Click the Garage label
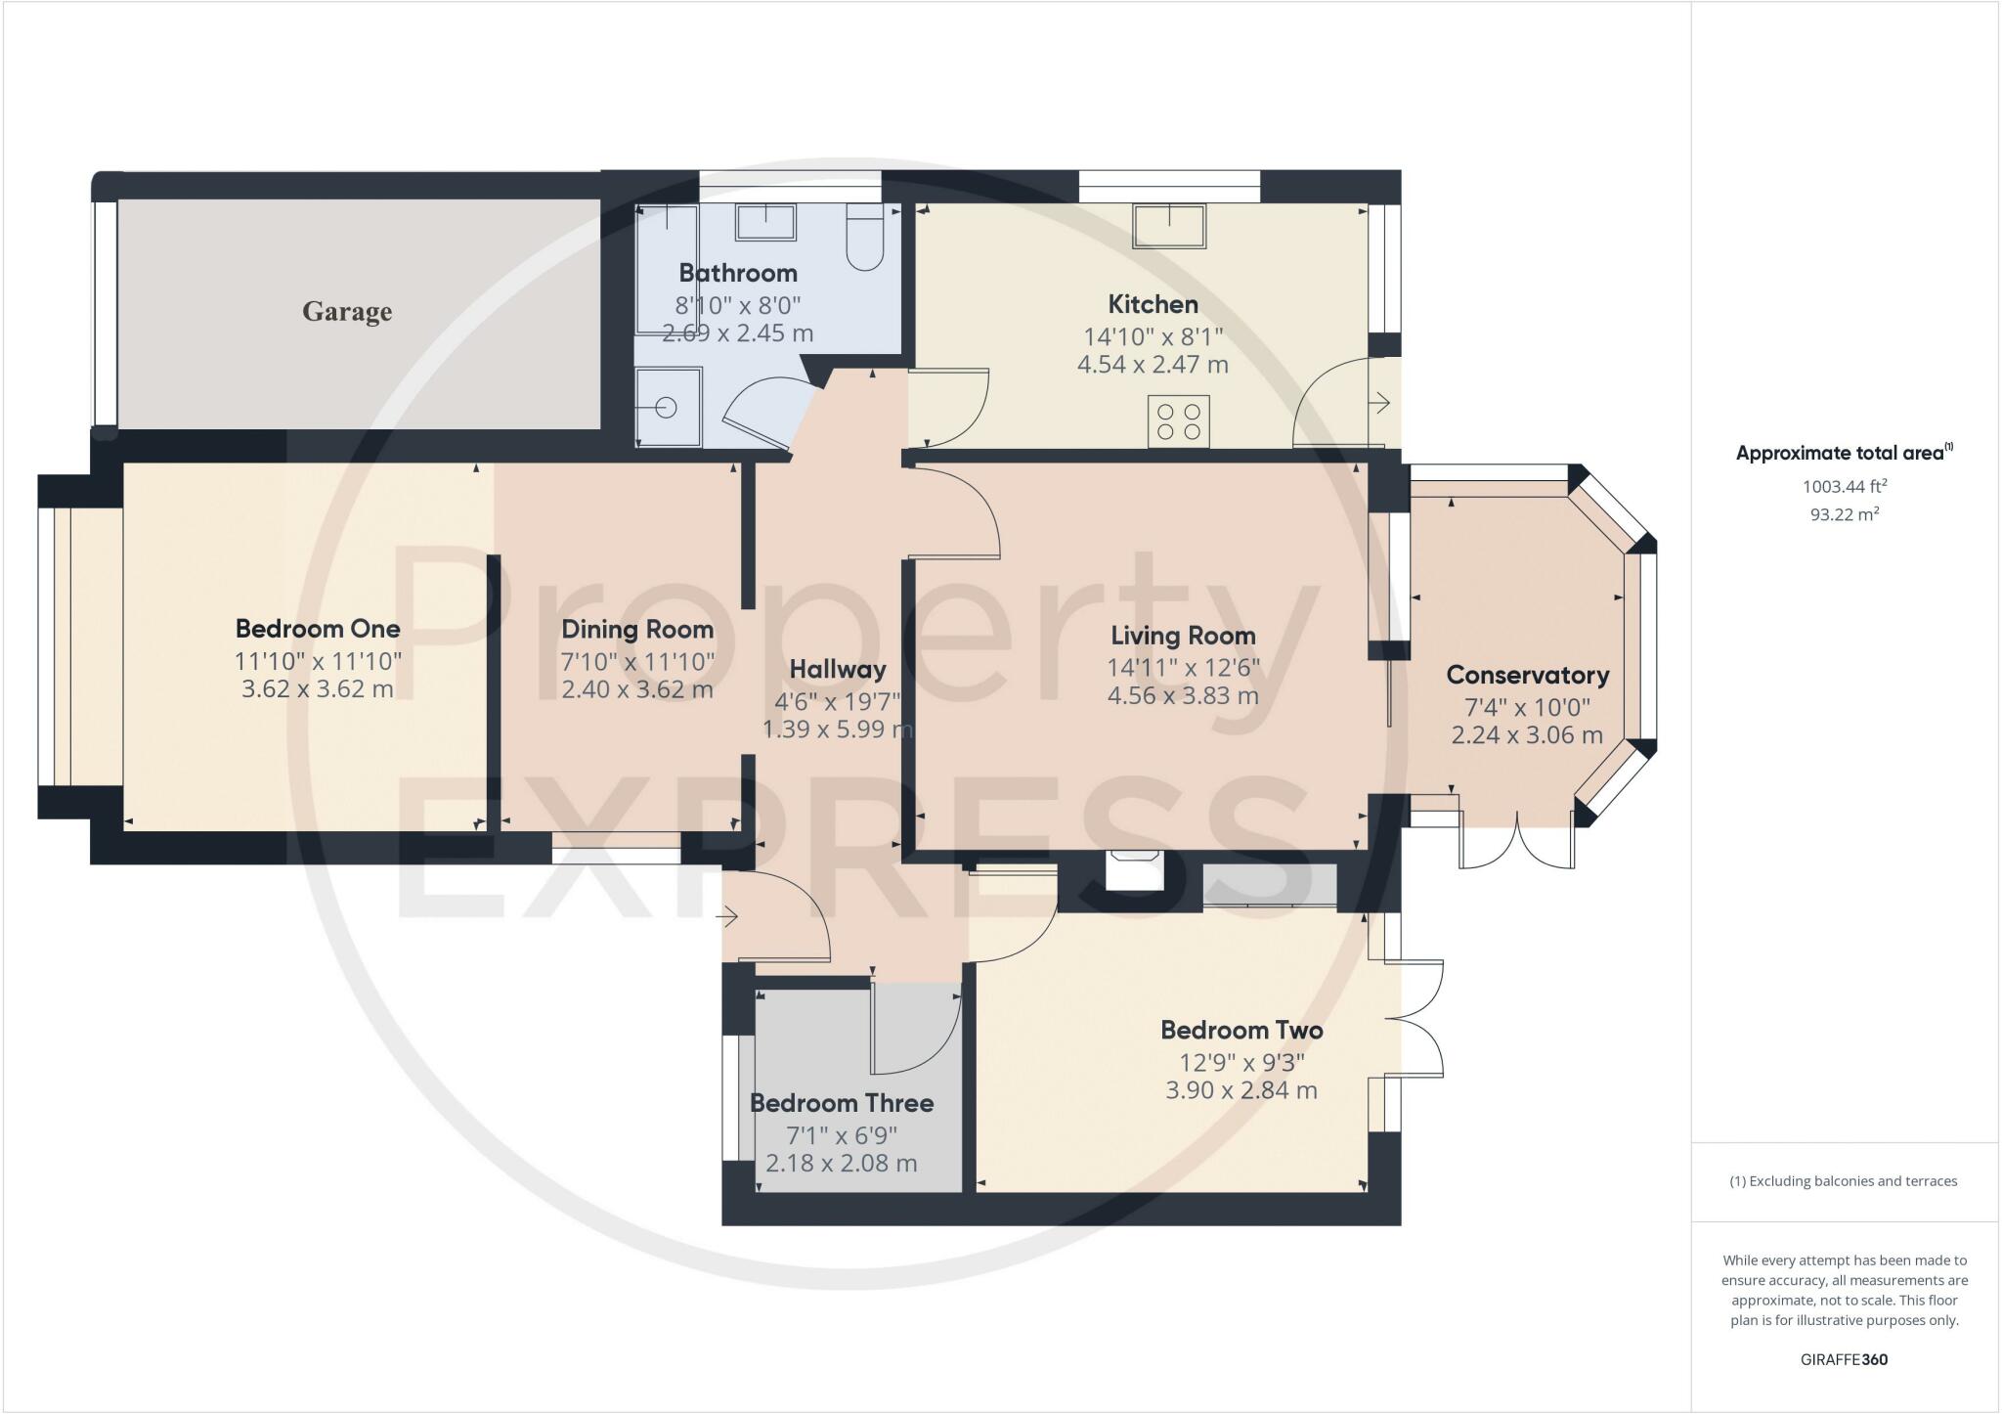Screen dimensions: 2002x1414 coord(347,312)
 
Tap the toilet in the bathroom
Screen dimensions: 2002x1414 coord(864,237)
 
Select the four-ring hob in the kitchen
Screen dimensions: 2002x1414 coord(1179,421)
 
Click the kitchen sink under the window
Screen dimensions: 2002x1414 coord(1169,226)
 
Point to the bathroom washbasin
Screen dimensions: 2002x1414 coord(765,222)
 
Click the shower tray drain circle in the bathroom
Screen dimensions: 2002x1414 coord(667,407)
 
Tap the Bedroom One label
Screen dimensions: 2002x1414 coord(318,629)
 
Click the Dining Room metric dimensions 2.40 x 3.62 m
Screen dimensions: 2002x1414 coord(637,689)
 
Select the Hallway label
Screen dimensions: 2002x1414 coord(838,670)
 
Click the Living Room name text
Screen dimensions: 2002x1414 coord(1183,636)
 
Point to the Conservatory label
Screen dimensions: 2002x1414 coord(1527,675)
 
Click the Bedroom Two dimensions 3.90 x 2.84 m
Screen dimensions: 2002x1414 coord(1241,1089)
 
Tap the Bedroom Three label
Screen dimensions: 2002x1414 coord(842,1103)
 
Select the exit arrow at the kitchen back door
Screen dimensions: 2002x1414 coord(1381,402)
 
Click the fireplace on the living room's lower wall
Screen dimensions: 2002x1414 coord(1134,869)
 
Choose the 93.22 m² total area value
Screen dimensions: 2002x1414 coord(1845,513)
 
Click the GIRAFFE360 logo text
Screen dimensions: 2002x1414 coord(1844,1359)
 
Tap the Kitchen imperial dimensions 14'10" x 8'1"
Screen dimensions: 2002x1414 coord(1153,337)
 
